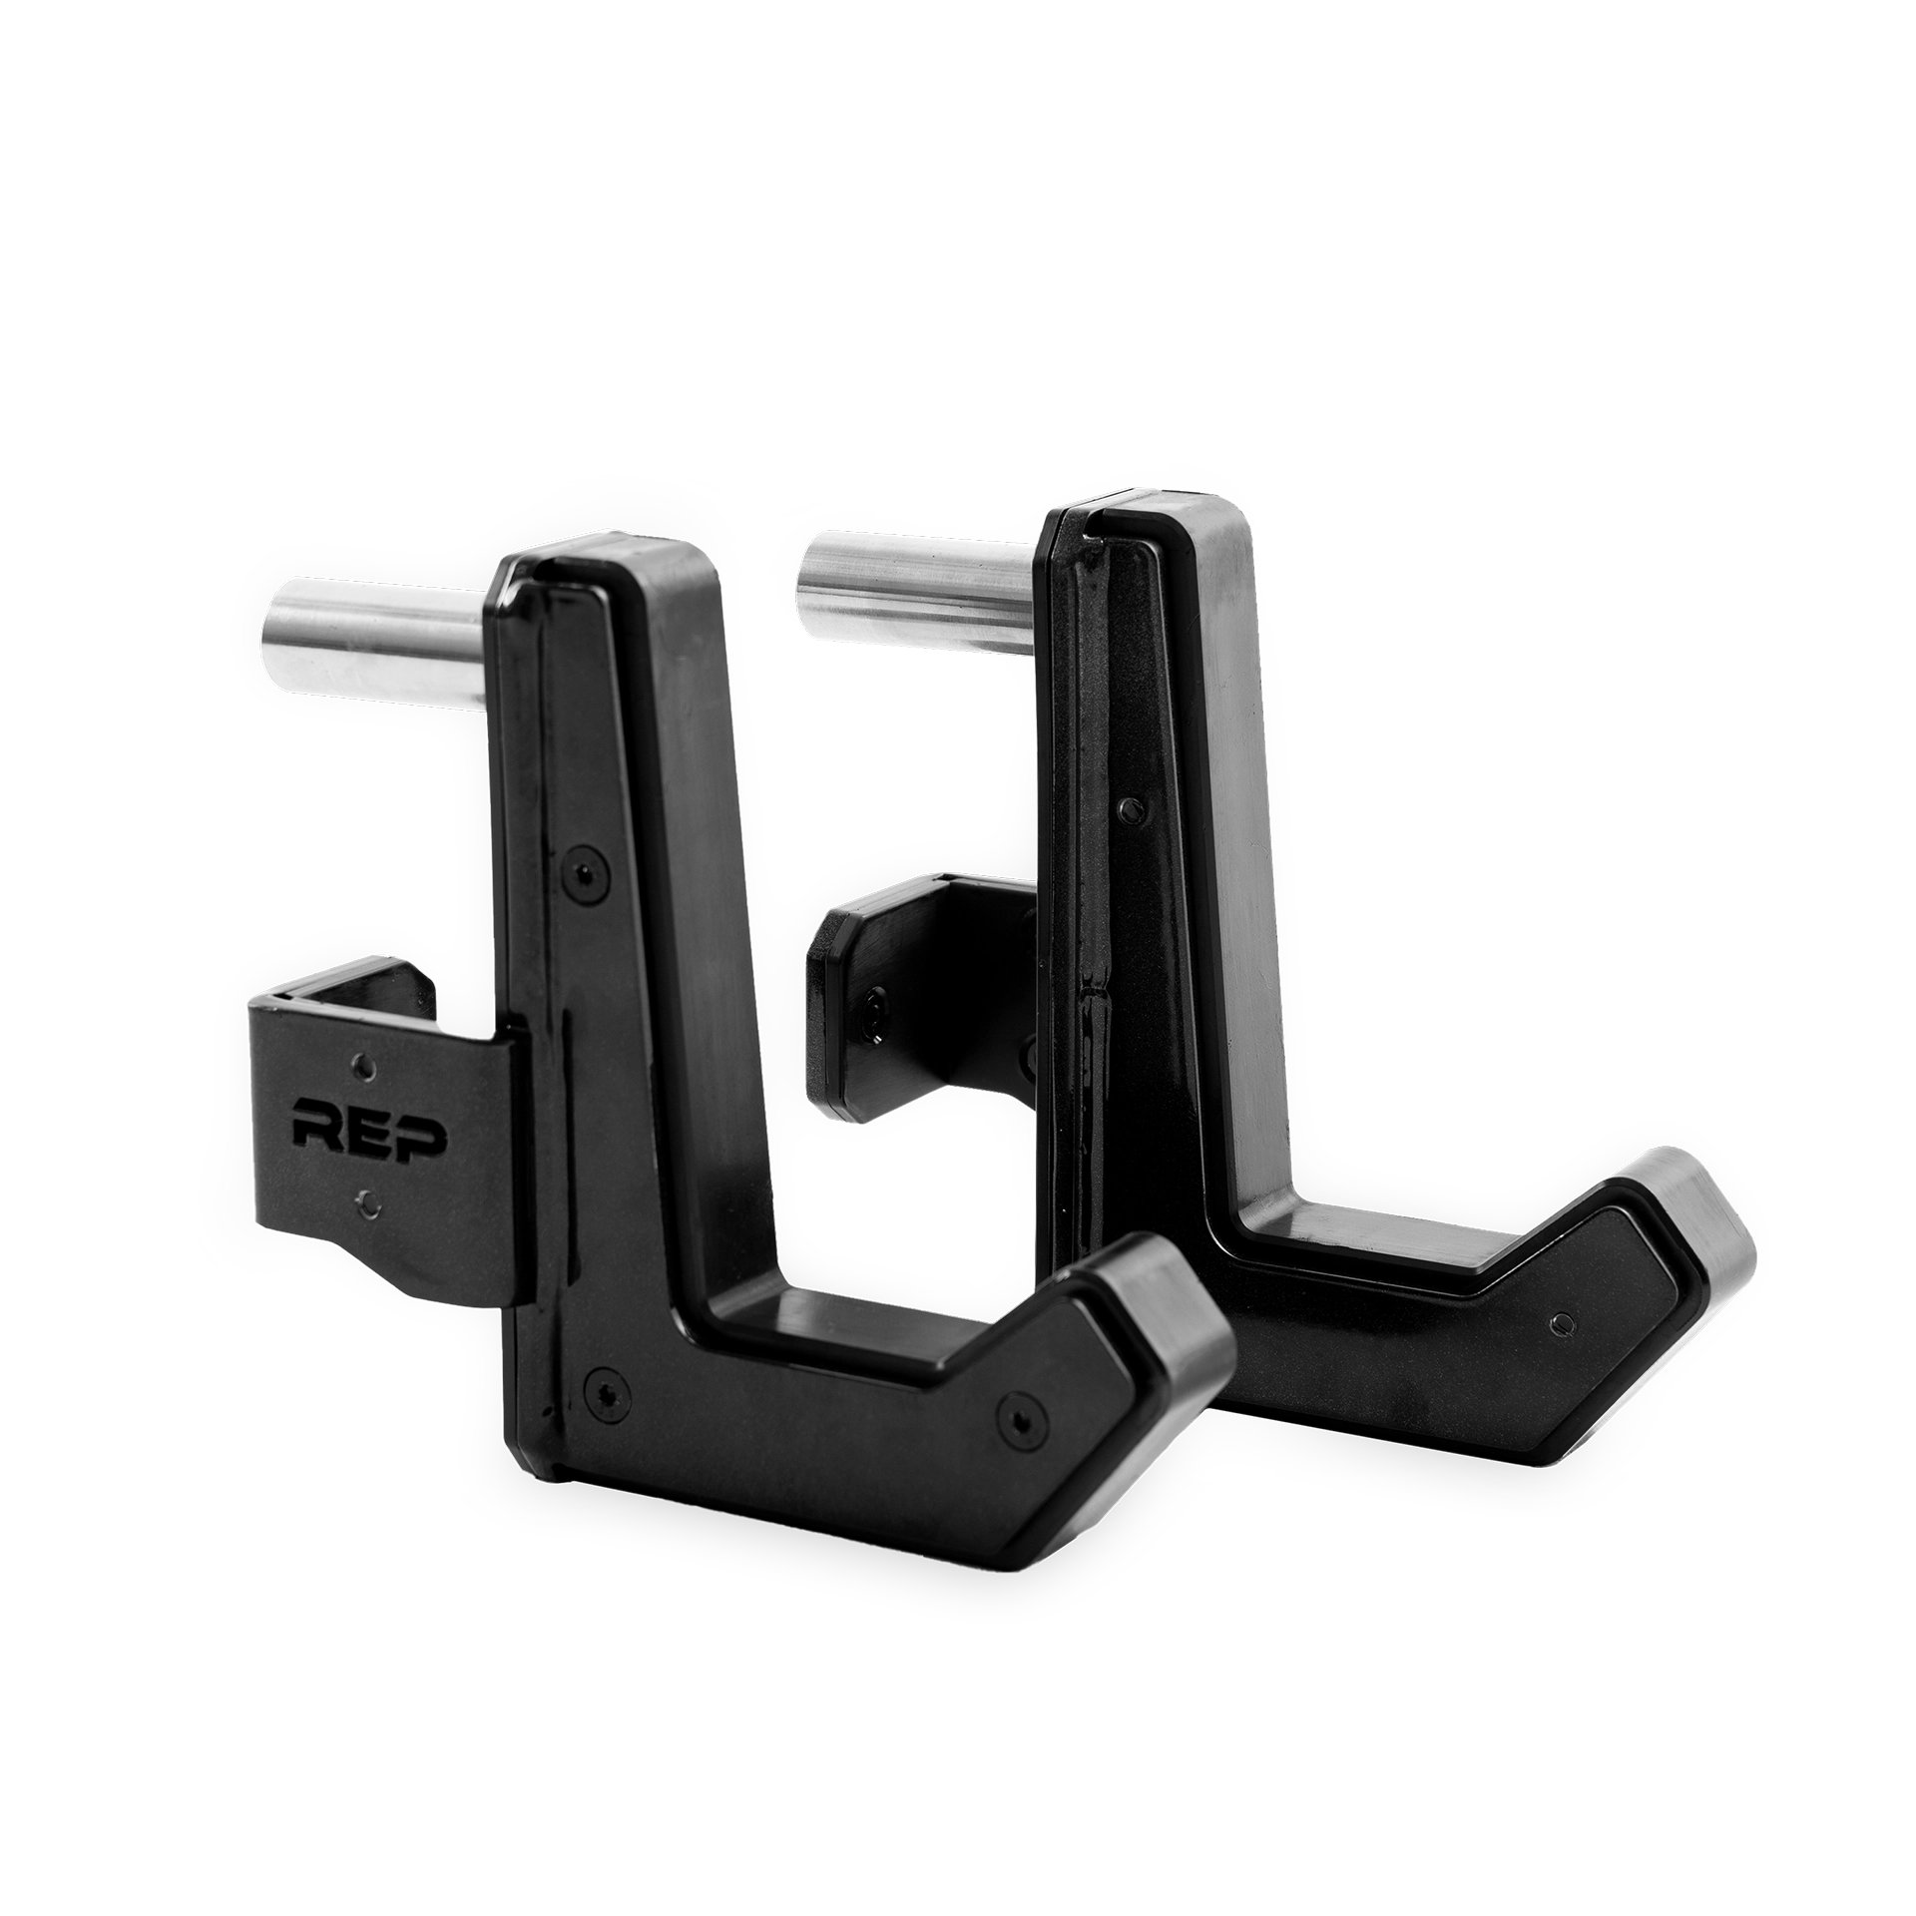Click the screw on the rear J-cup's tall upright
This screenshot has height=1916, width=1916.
pos(1129,806)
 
